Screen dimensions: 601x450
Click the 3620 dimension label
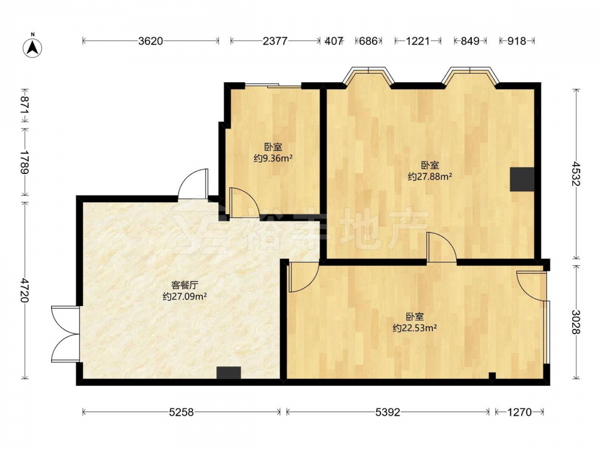151,41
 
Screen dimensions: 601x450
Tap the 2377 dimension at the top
275,41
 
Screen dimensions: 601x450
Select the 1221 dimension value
418,41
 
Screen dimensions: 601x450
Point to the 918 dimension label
517,41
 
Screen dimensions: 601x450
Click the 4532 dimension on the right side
575,174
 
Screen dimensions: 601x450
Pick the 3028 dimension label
575,322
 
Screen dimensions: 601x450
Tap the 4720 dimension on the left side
25,290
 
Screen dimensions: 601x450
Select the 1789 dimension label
25,161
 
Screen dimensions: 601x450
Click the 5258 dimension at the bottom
182,412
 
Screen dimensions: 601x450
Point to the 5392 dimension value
388,412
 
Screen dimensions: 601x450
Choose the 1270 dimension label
519,412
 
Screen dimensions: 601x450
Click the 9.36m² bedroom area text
273,158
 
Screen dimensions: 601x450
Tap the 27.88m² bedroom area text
430,176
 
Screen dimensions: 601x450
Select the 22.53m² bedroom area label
415,328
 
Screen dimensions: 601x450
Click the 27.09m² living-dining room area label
185,296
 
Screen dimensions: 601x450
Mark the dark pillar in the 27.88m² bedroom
522,179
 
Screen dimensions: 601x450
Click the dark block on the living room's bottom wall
229,373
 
